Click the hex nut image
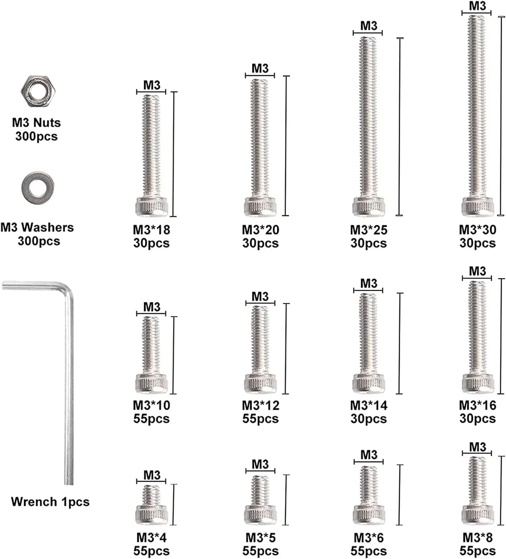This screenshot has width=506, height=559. (38, 91)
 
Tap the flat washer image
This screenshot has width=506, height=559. (38, 187)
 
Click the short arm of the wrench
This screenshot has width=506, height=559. (33, 286)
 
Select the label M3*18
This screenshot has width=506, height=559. (151, 230)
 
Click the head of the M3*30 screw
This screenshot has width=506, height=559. (478, 207)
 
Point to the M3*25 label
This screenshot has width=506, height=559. (369, 230)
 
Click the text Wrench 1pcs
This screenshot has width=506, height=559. (50, 502)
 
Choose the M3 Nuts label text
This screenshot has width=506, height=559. (36, 123)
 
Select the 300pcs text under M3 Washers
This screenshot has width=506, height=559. (39, 241)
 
